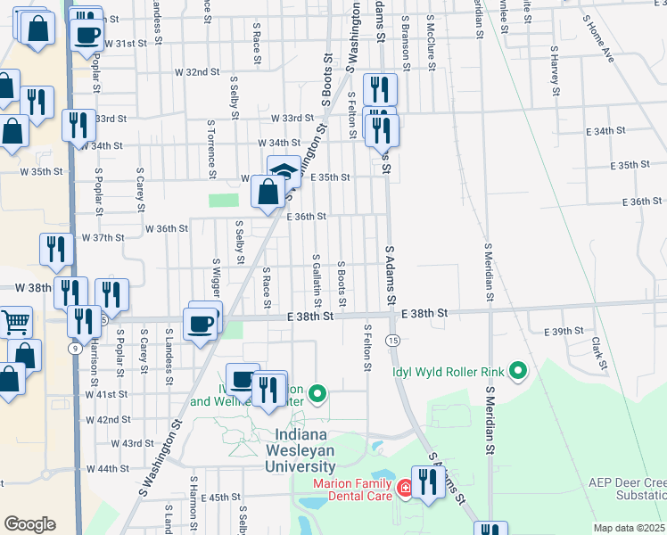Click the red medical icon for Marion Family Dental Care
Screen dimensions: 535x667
click(404, 489)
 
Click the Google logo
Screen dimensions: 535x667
click(29, 524)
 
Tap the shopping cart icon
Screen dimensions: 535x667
click(15, 322)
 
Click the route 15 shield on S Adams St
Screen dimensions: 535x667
click(392, 340)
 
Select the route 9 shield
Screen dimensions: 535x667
click(73, 348)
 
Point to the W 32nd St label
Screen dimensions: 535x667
click(197, 71)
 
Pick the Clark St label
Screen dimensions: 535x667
click(602, 353)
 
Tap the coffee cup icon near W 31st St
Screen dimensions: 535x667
click(86, 35)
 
